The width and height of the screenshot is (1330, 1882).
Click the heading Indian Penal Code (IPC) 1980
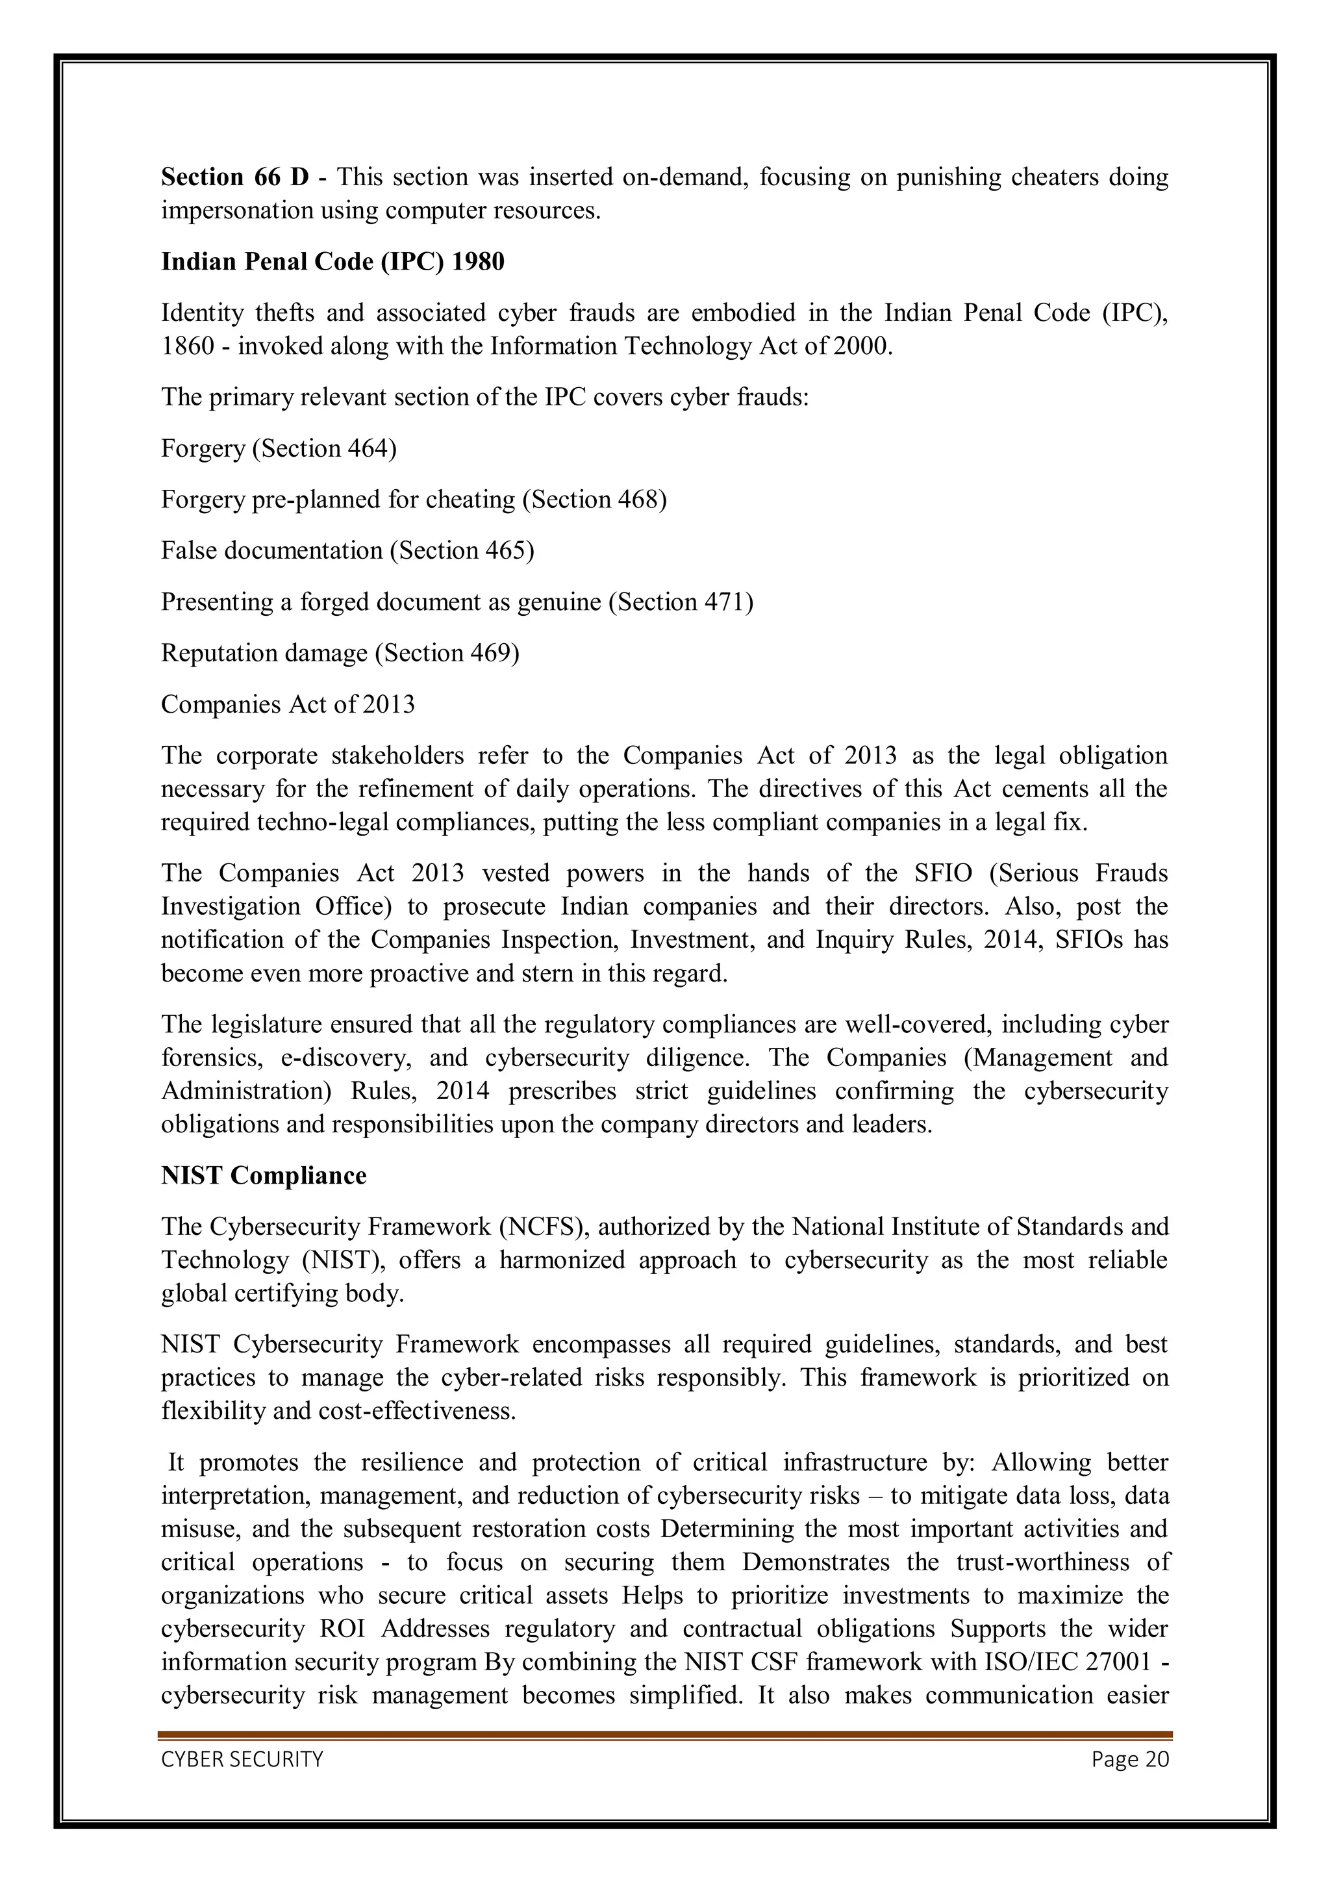pos(332,262)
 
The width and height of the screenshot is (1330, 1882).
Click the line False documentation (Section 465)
pos(347,550)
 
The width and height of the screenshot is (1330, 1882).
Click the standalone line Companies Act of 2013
pos(288,704)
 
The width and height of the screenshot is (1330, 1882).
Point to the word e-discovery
pos(346,1058)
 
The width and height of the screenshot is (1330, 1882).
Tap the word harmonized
pos(562,1260)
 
